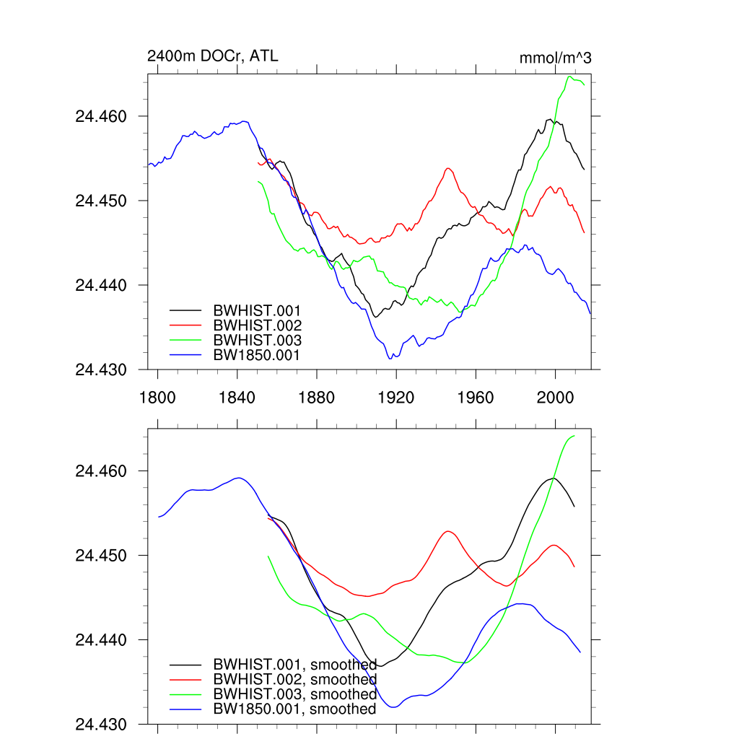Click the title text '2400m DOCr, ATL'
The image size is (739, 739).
coord(212,56)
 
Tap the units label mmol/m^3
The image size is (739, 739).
coord(555,58)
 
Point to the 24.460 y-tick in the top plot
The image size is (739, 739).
coord(101,116)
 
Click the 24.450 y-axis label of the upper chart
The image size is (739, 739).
coord(101,201)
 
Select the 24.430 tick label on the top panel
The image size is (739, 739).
coord(101,369)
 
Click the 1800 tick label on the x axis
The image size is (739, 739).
coord(157,397)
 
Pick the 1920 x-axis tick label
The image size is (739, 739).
coord(396,397)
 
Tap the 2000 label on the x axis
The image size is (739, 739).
coord(555,397)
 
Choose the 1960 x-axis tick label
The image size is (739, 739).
coord(476,397)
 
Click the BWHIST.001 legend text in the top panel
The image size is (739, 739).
coord(257,310)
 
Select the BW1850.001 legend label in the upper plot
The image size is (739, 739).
coord(256,354)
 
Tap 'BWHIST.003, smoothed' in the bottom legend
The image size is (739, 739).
coord(294,694)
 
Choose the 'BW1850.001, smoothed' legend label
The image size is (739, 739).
coord(294,709)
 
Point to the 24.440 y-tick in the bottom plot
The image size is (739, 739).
coord(101,640)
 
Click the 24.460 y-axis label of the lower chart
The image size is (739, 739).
coord(101,471)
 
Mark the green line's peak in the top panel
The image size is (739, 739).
coord(570,76)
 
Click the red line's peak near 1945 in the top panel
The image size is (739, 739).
coord(448,168)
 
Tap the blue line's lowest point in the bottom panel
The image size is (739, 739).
coord(394,707)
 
